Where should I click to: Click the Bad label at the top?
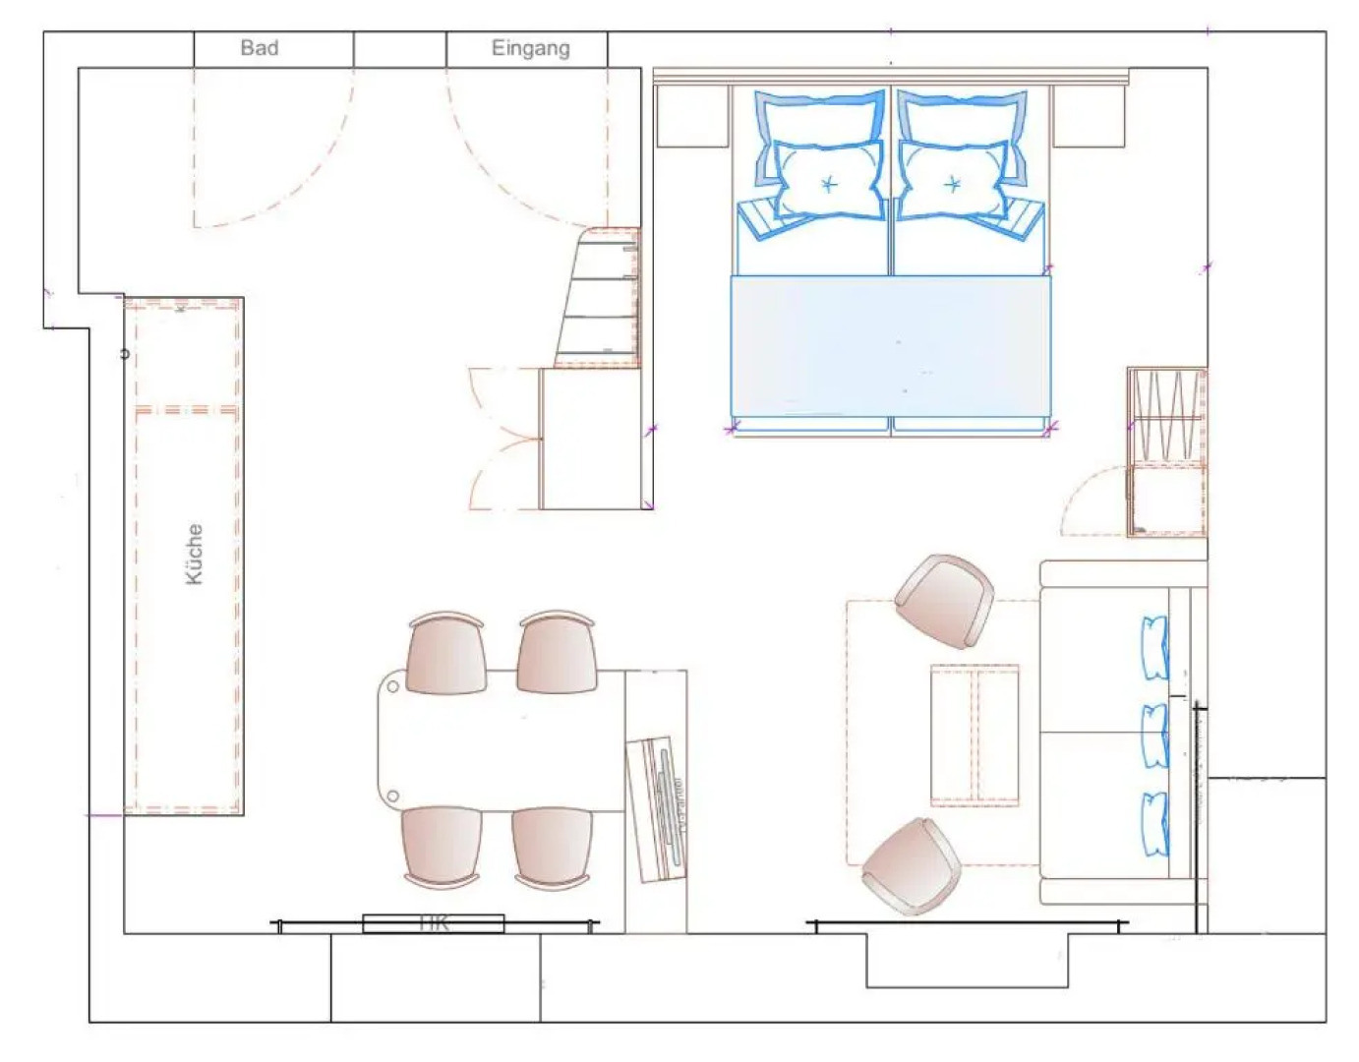click(260, 47)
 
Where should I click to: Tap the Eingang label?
click(530, 48)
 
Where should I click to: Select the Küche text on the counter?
click(195, 555)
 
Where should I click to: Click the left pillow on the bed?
click(826, 181)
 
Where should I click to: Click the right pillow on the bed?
click(952, 181)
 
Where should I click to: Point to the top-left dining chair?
click(446, 654)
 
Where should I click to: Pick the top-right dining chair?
click(557, 654)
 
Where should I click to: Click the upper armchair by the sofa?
click(944, 600)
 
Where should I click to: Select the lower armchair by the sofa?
click(913, 865)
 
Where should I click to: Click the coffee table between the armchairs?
click(974, 734)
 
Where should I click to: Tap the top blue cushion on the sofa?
click(1154, 648)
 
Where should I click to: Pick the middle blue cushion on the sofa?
click(1154, 736)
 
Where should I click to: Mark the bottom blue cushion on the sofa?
click(1154, 824)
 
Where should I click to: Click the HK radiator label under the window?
click(434, 923)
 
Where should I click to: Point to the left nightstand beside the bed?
click(692, 117)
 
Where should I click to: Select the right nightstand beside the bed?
click(1089, 117)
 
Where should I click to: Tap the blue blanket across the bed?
click(890, 346)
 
